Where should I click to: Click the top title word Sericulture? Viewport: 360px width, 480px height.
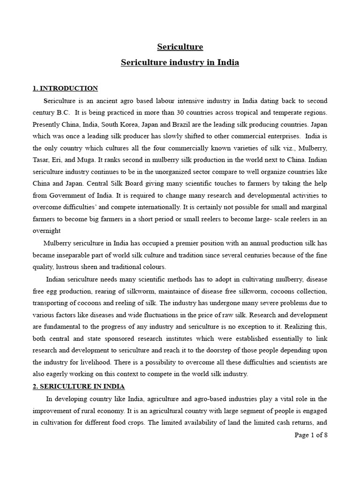tap(180, 47)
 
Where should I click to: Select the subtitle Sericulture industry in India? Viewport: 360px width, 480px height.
tap(180, 62)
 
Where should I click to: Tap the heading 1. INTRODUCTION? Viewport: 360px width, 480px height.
tap(65, 88)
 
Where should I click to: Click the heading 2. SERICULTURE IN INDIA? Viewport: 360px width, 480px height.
tap(78, 386)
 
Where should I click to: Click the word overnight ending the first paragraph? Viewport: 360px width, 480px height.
tap(47, 231)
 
